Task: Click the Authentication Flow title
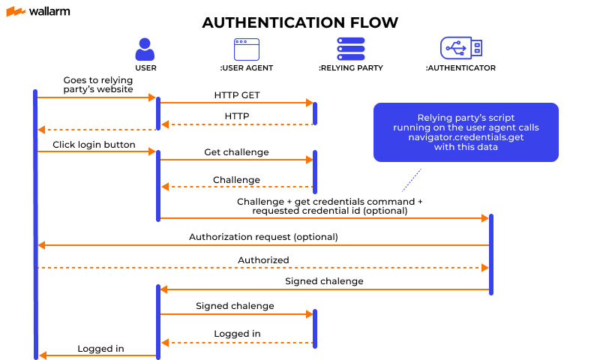(x=300, y=23)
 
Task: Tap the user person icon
(x=145, y=49)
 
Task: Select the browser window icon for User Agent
(x=246, y=49)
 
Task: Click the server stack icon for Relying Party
(x=349, y=49)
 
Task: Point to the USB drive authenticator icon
(x=460, y=49)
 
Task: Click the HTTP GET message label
(x=237, y=95)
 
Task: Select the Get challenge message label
(x=236, y=152)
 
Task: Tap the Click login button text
(x=94, y=144)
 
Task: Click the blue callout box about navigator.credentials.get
(x=465, y=133)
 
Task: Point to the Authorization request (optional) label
(x=263, y=237)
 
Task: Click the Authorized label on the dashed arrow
(x=263, y=259)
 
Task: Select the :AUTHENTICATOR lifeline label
(x=460, y=68)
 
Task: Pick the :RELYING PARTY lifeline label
(x=349, y=68)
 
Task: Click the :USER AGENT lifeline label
(x=246, y=68)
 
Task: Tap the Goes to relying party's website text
(x=93, y=84)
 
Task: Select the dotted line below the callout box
(x=411, y=180)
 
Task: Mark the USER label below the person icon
(x=145, y=68)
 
